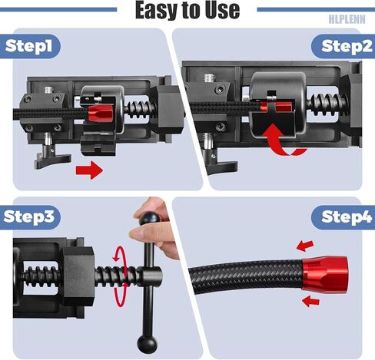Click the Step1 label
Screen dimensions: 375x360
28,46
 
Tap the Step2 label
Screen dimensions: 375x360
347,46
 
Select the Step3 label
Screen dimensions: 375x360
29,216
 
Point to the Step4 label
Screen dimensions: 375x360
347,217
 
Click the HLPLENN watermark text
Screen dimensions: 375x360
347,19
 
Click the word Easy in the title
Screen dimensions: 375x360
156,10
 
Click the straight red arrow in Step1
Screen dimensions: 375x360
89,170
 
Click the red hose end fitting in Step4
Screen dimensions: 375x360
325,273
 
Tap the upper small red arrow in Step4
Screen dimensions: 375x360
305,246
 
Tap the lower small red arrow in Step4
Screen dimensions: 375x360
310,301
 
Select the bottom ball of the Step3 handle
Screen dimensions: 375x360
147,343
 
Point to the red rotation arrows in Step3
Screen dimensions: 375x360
120,276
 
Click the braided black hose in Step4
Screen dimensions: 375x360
246,276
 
